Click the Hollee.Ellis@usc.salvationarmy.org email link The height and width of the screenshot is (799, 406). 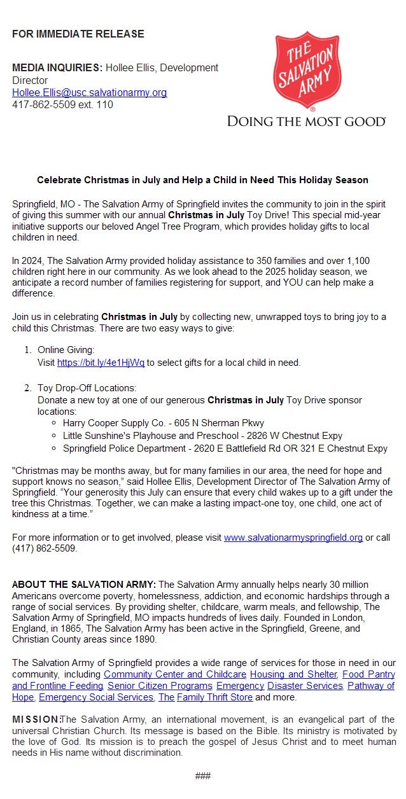click(x=89, y=93)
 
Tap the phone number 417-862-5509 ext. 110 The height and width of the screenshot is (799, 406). click(x=62, y=105)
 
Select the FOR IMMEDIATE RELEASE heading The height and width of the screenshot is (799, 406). click(x=78, y=34)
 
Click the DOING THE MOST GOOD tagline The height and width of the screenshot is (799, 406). click(x=306, y=122)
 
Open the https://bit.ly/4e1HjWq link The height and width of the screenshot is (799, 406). click(x=101, y=363)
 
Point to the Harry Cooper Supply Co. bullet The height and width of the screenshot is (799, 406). click(x=163, y=423)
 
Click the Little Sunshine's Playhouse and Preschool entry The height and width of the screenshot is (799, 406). click(x=202, y=436)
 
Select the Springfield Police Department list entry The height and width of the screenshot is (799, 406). click(x=225, y=448)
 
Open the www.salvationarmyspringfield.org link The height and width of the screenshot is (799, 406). click(x=293, y=538)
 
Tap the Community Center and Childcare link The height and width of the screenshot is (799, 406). click(x=175, y=674)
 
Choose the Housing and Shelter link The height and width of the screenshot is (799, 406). click(x=293, y=674)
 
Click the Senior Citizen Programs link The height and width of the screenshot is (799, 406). click(x=160, y=686)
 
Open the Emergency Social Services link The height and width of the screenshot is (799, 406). click(x=96, y=698)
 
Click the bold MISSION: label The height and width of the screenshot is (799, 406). click(x=36, y=719)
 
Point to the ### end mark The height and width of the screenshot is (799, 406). click(x=203, y=776)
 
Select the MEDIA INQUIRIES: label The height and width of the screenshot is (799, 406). click(x=57, y=68)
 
